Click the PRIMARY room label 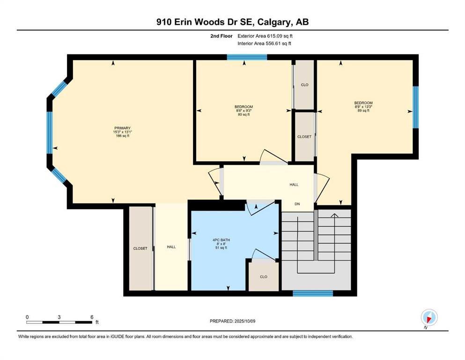click(122, 128)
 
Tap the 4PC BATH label click(221, 240)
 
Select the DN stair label click(297, 204)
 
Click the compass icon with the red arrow click(429, 318)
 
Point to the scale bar click(59, 322)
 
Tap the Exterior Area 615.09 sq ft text click(265, 36)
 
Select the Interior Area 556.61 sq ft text click(264, 43)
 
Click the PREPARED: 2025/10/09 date click(232, 321)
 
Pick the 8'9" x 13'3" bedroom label click(363, 106)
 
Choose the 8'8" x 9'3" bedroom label click(244, 111)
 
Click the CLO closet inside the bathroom click(264, 277)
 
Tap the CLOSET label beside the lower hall click(140, 248)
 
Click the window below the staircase click(313, 293)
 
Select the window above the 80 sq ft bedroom click(247, 57)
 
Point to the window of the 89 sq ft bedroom click(416, 107)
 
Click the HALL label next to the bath click(171, 247)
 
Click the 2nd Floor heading click(221, 36)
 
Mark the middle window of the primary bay click(50, 133)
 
